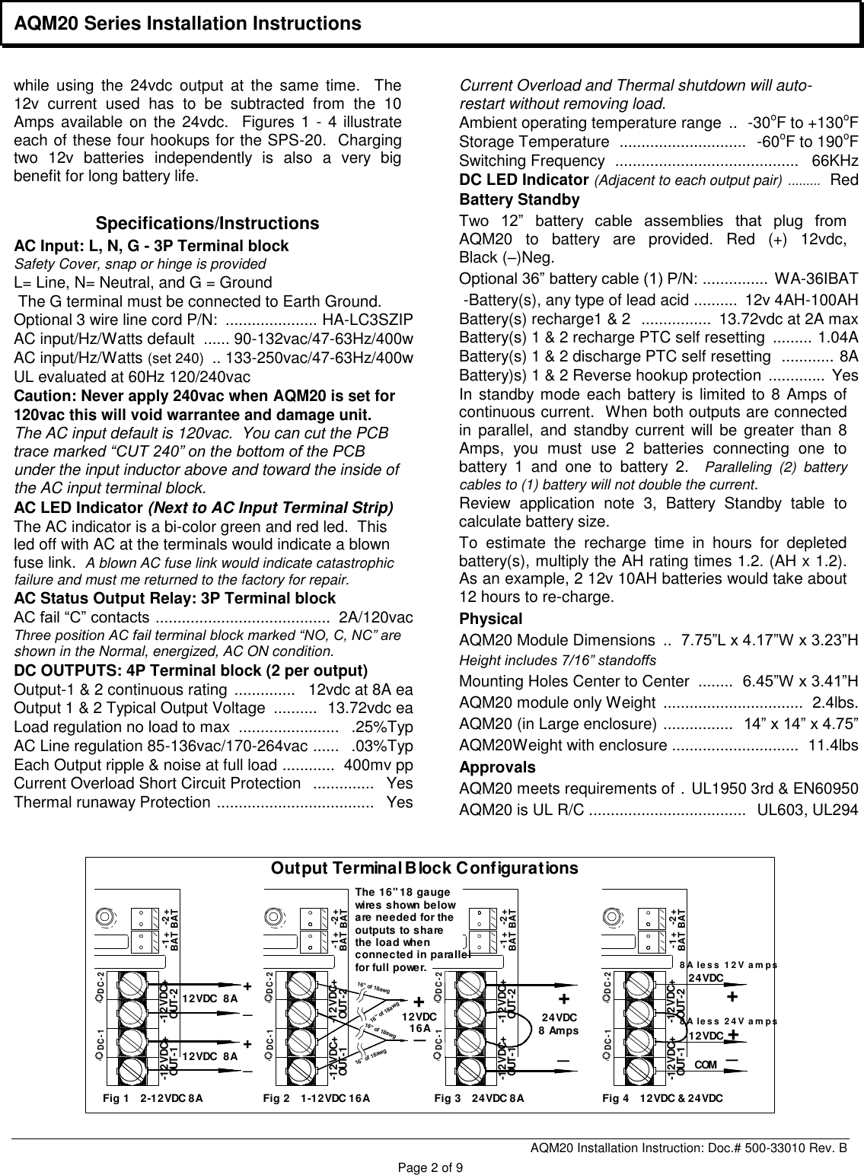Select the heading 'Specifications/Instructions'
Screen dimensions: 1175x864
coord(207,224)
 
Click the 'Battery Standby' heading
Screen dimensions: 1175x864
coord(520,200)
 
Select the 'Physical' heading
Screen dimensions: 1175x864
coord(491,619)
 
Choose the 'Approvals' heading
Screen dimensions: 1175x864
coord(497,768)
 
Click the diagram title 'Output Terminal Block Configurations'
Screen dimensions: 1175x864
coord(425,868)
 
